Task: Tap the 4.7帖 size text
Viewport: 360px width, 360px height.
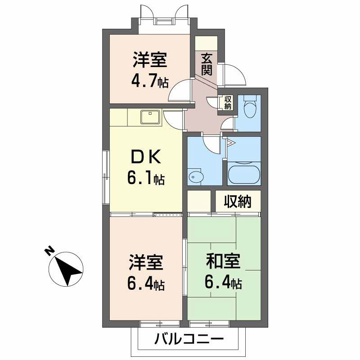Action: click(150, 81)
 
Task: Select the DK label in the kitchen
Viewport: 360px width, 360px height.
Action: click(145, 157)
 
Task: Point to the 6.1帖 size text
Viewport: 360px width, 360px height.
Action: click(145, 179)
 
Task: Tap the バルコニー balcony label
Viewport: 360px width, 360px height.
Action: click(189, 338)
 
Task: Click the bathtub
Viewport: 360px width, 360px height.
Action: click(243, 174)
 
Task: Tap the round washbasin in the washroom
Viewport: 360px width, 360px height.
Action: click(195, 176)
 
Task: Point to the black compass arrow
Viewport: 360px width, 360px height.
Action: click(67, 269)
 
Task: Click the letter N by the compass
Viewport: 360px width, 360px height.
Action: click(49, 251)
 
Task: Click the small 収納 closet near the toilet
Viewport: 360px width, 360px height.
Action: click(228, 103)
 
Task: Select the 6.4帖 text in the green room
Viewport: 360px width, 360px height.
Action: click(223, 283)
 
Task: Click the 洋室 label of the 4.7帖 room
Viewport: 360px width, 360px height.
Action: click(150, 60)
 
